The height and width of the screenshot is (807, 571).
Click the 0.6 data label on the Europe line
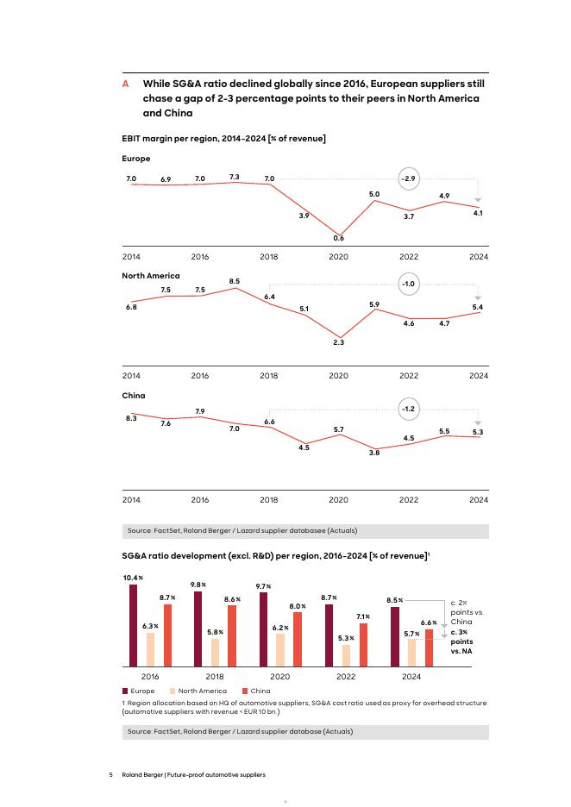click(339, 238)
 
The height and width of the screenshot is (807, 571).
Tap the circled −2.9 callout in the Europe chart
click(409, 178)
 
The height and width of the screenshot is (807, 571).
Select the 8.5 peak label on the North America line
click(235, 281)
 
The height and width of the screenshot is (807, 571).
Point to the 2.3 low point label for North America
click(339, 342)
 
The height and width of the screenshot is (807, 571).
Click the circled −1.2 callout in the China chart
click(409, 407)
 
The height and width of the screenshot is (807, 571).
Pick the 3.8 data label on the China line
click(374, 452)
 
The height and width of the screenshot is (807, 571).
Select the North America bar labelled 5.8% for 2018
click(216, 652)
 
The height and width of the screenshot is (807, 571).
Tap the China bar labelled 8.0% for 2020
click(298, 639)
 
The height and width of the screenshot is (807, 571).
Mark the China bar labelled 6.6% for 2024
click(429, 647)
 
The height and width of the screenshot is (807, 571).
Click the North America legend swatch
click(173, 691)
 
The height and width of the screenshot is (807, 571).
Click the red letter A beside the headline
click(126, 84)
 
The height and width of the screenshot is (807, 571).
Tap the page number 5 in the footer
click(111, 775)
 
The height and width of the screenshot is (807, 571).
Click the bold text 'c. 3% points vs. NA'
click(462, 642)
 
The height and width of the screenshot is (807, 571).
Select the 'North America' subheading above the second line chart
click(151, 276)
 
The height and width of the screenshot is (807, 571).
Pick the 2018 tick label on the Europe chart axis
click(269, 257)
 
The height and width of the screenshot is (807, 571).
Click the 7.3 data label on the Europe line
click(235, 176)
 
